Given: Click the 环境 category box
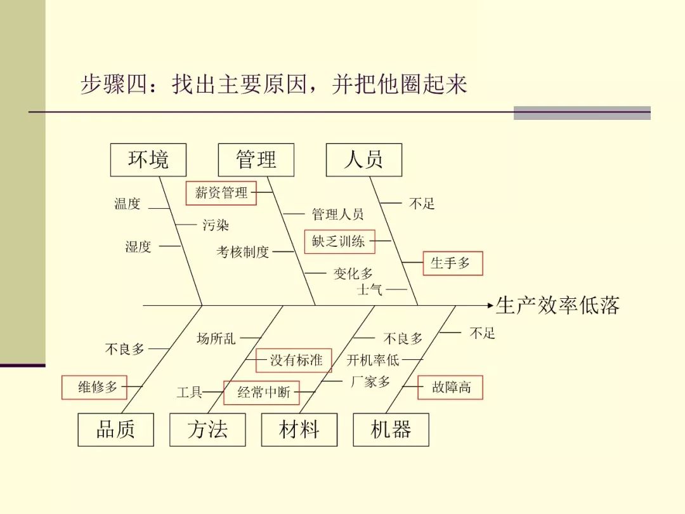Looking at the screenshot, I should coord(148,159).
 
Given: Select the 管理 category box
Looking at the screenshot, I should coord(256,159).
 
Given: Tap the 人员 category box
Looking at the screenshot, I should coord(363,159).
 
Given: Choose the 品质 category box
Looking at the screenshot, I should coord(115,430).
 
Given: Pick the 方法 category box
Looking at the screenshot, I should coord(207,430).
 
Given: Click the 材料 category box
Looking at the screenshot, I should coord(299,430).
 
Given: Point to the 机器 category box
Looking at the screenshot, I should coord(391,430).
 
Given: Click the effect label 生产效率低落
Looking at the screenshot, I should coord(557,305).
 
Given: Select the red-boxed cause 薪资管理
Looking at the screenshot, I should coord(221,193).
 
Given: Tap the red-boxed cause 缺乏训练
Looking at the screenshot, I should coord(339,241).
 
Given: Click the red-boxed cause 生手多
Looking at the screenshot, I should coord(452,263).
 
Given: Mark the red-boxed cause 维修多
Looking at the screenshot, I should coord(94,387).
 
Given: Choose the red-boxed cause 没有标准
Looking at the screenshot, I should coord(294,360).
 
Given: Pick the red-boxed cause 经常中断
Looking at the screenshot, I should coord(261,393).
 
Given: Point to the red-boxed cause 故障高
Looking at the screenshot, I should coord(450,387).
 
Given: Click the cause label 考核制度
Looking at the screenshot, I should coord(243,252).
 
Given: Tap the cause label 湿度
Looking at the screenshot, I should coord(138,247).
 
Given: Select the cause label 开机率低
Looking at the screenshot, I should coord(373,360).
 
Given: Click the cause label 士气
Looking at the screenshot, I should coord(370,290).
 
